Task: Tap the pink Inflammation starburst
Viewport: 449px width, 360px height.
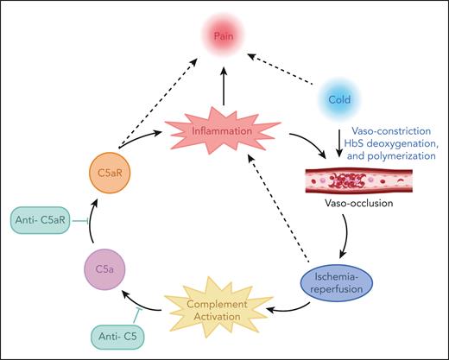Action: point(223,133)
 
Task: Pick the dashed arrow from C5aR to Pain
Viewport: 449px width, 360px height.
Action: point(160,112)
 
